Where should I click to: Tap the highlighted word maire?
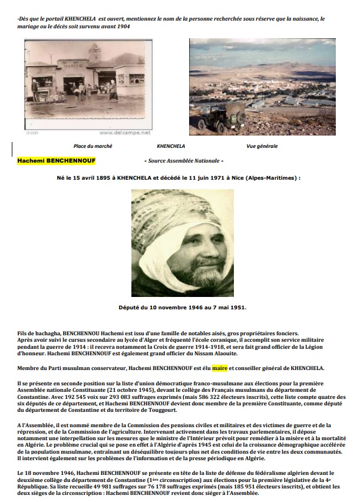pos(219,368)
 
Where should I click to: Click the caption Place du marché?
pos(93,146)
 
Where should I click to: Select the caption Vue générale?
pos(262,146)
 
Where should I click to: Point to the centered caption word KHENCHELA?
pos(171,146)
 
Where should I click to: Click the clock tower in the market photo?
pos(94,54)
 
